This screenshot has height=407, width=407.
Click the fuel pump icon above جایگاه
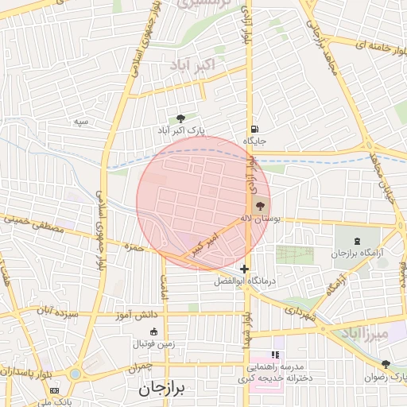pyautogui.click(x=254, y=129)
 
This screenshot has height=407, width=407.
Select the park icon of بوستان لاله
pyautogui.click(x=261, y=206)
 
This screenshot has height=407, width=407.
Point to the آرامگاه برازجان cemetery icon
pyautogui.click(x=355, y=241)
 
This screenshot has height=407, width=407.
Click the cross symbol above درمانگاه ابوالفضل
pyautogui.click(x=245, y=269)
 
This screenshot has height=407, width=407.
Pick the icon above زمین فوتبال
pyautogui.click(x=153, y=331)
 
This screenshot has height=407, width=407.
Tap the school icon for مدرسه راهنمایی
pyautogui.click(x=275, y=355)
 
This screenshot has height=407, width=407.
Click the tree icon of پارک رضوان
pyautogui.click(x=386, y=364)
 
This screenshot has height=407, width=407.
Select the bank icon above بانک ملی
pyautogui.click(x=54, y=391)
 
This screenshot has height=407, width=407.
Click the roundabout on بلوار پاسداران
pyautogui.click(x=75, y=374)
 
